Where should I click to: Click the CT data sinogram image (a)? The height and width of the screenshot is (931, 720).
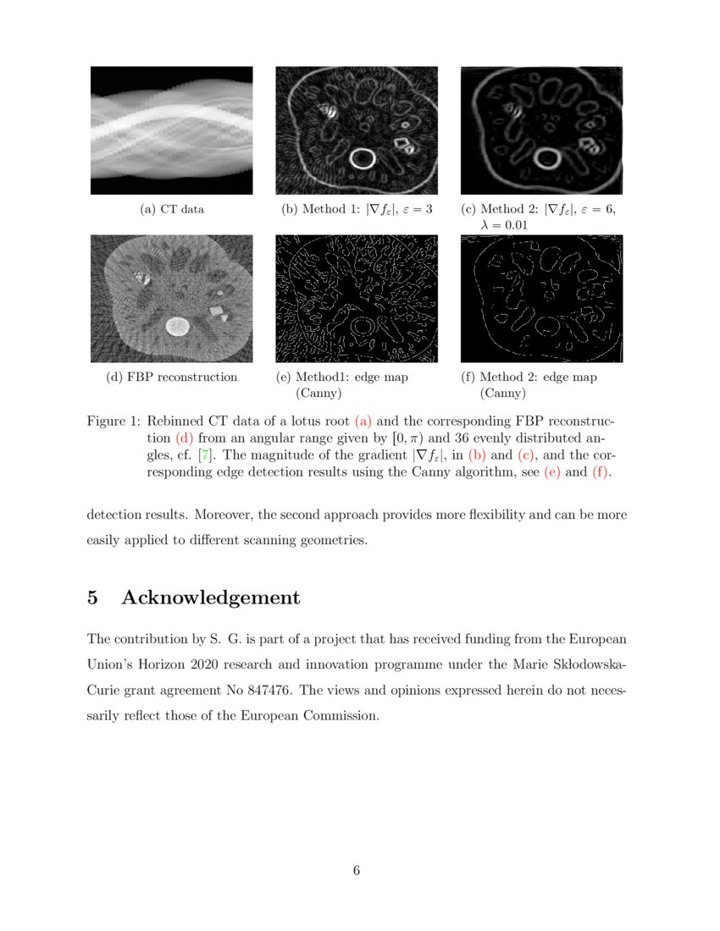[172, 130]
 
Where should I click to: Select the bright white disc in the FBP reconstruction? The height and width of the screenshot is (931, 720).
[177, 325]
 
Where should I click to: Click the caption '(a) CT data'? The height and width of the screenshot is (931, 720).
[172, 209]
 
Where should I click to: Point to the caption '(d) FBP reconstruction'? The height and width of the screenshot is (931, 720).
[172, 377]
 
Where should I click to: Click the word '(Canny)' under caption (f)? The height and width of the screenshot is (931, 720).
[503, 393]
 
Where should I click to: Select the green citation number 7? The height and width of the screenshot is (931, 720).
[203, 455]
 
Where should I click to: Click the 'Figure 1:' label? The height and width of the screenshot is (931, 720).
[114, 421]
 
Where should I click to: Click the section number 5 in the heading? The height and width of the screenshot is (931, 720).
[93, 598]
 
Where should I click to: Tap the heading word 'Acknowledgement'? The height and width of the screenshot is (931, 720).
[210, 598]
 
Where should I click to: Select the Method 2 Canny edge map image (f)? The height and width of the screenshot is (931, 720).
[541, 299]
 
